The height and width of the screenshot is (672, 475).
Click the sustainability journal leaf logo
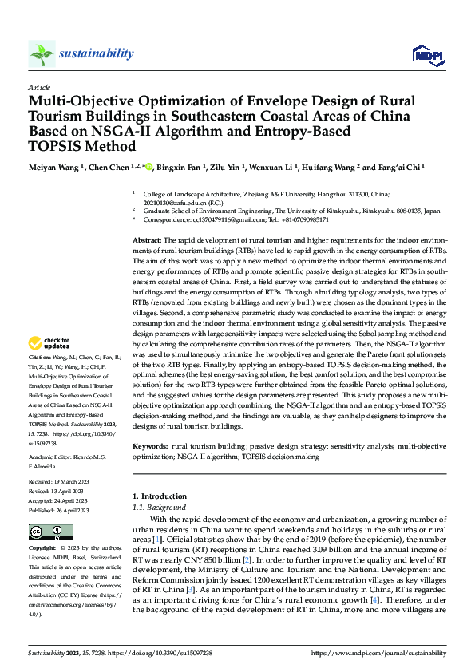[42, 53]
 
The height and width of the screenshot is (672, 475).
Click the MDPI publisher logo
[429, 54]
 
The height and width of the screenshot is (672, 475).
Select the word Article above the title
[39, 86]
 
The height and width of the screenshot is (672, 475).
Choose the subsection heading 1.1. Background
[160, 508]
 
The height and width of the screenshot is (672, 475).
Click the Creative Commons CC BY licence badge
[46, 532]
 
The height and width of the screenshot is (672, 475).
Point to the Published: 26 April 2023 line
[58, 510]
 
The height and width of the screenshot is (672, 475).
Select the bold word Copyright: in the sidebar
[43, 548]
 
